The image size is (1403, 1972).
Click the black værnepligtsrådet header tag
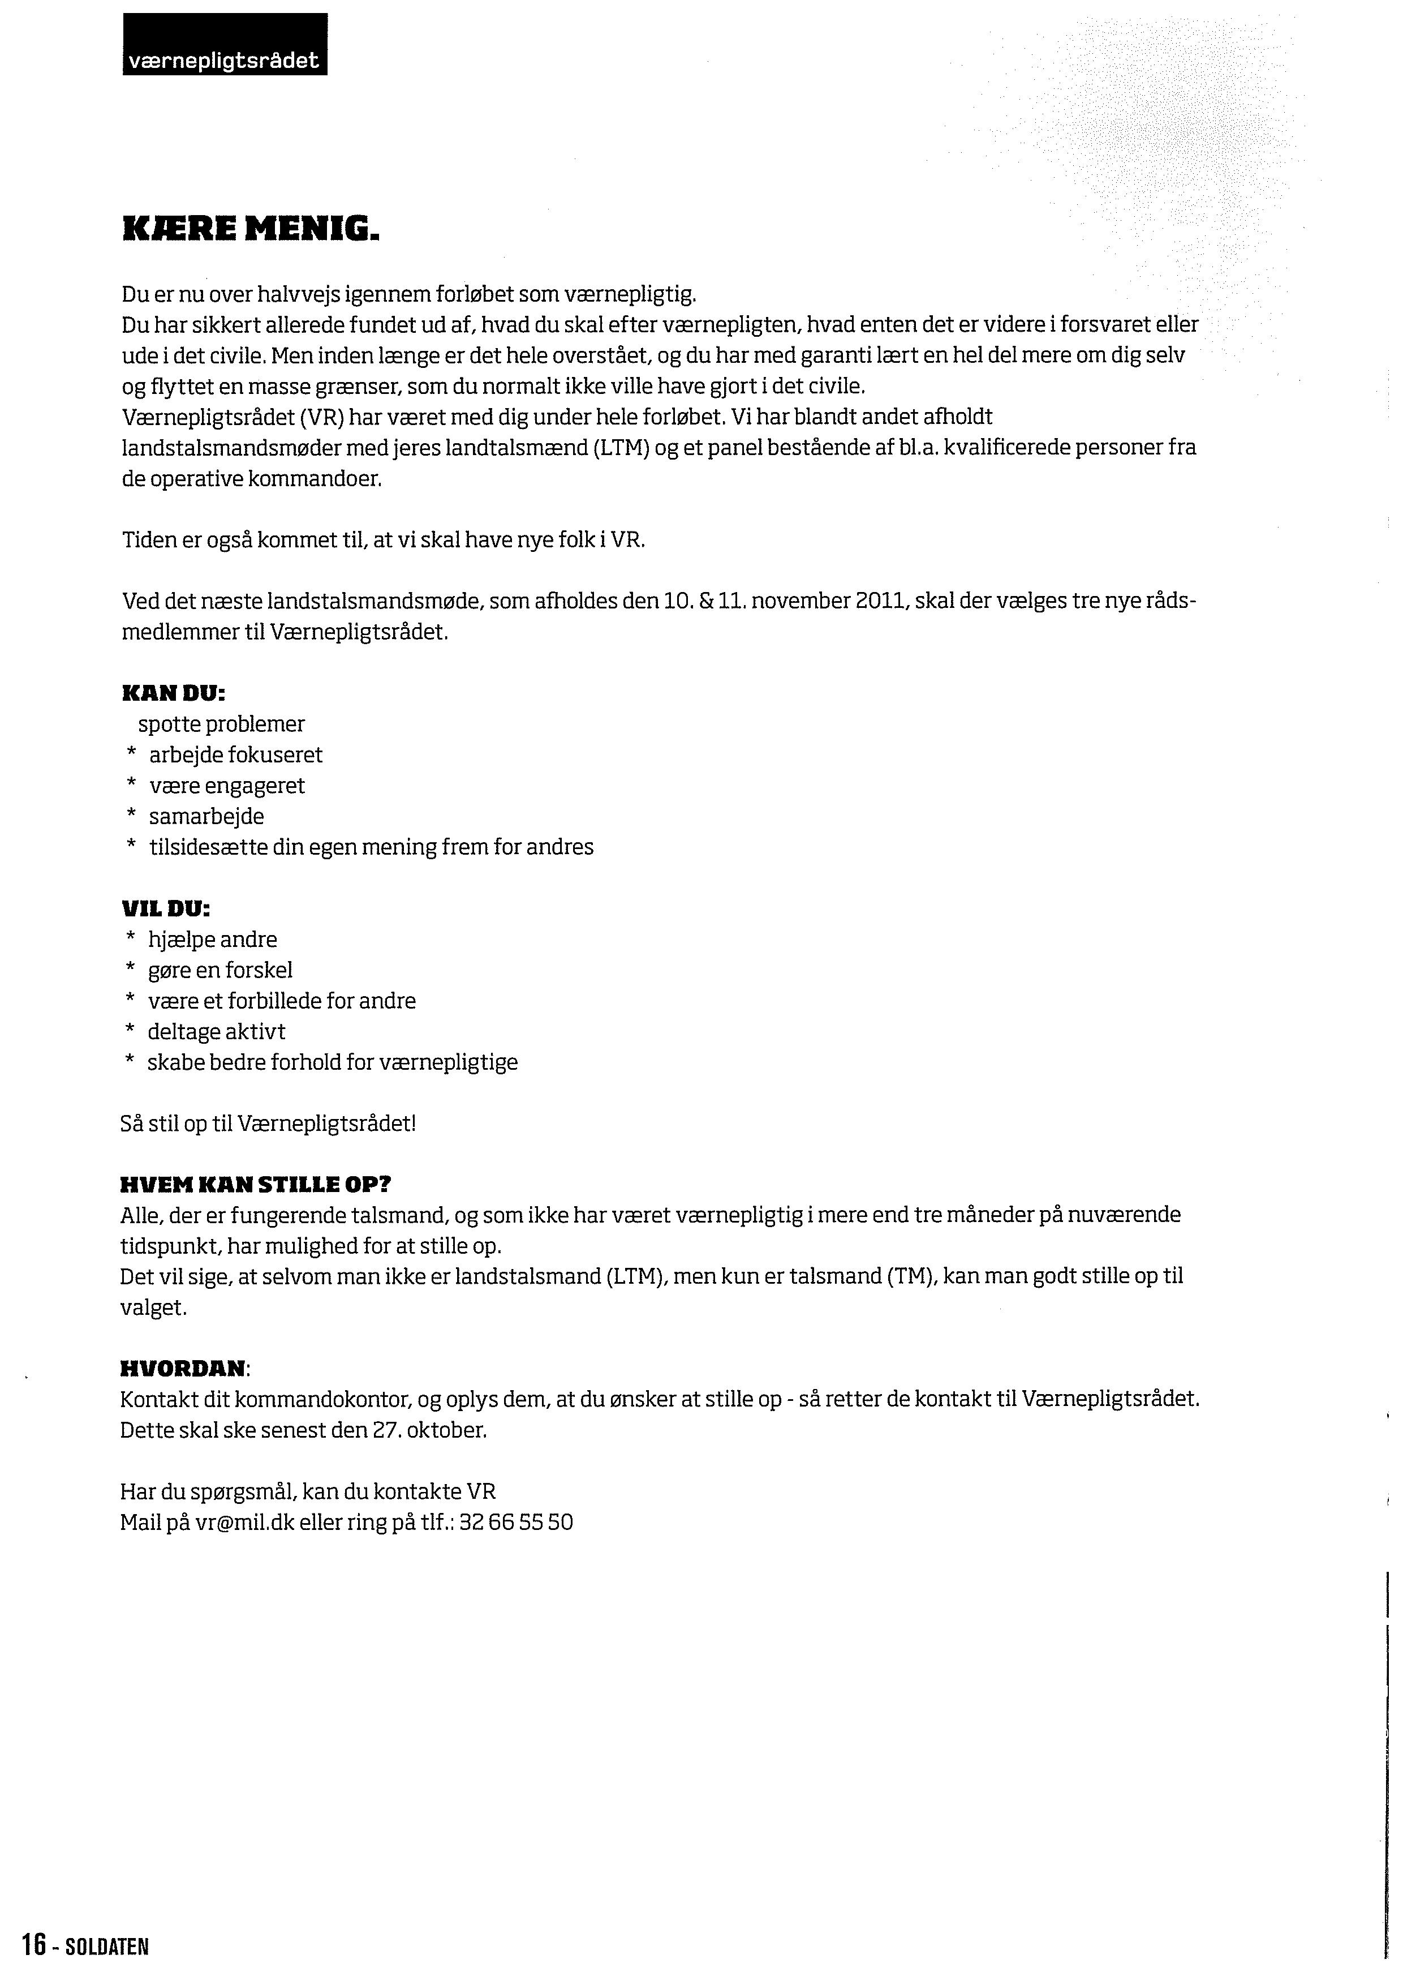point(225,45)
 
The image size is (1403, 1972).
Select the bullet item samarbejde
point(206,817)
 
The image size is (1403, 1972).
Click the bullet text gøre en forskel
point(220,971)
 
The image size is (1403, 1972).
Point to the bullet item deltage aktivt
point(216,1032)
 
